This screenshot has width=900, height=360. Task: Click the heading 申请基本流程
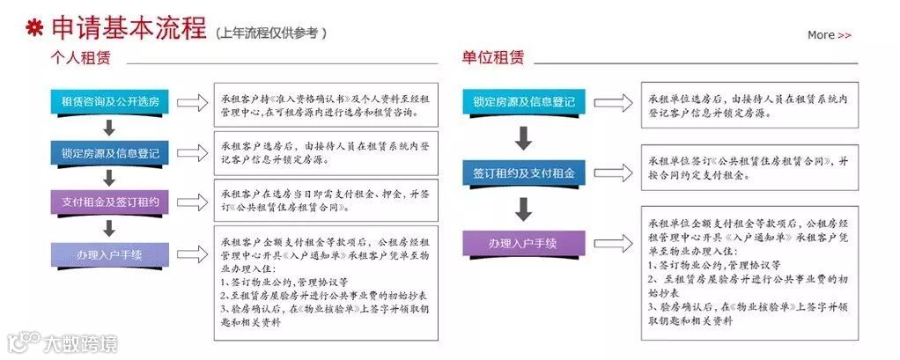[127, 28]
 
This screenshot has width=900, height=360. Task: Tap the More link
[829, 34]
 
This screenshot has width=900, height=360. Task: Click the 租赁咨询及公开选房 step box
[110, 102]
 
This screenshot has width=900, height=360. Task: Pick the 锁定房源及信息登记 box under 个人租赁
[110, 152]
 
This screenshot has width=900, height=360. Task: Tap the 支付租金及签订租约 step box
[110, 202]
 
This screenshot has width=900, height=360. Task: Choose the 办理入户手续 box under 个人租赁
[110, 255]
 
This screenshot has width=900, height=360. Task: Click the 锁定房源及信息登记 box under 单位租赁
[523, 102]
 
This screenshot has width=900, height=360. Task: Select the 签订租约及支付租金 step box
[523, 173]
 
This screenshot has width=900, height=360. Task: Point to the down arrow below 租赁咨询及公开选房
[110, 127]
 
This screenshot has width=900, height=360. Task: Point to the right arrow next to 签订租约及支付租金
[610, 173]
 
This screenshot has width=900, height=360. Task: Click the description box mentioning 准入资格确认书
[326, 107]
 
